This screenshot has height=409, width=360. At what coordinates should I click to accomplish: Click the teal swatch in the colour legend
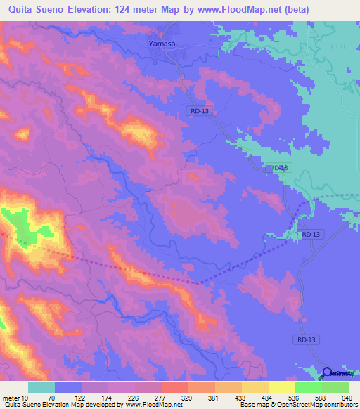[41, 387]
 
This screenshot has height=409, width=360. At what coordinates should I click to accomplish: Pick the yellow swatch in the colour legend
[281, 387]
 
